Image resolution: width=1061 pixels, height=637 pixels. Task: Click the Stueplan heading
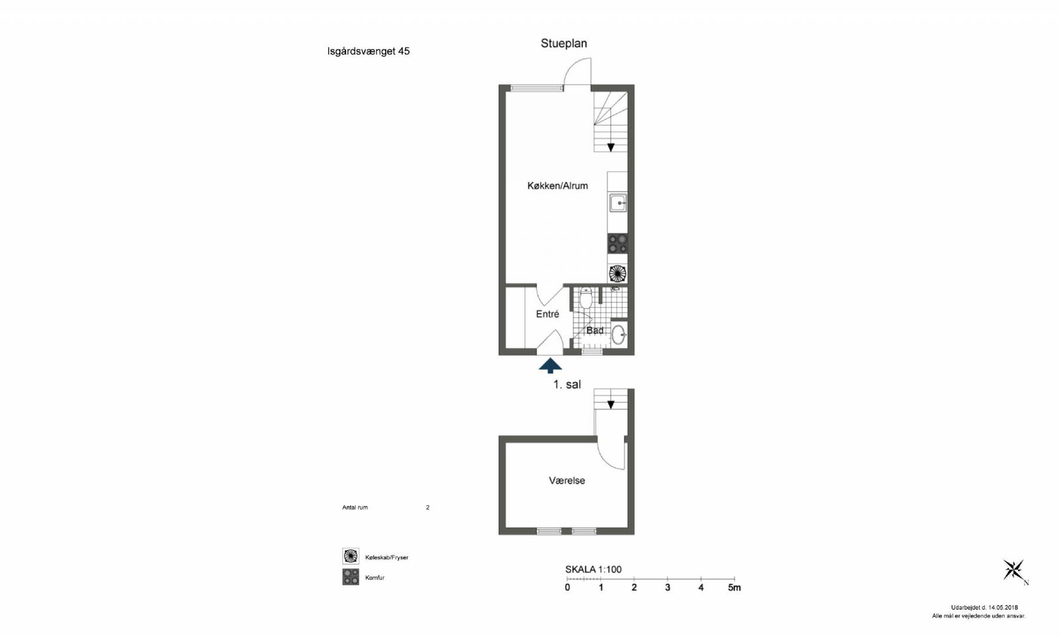[564, 44]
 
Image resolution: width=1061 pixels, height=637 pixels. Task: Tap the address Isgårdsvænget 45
[369, 51]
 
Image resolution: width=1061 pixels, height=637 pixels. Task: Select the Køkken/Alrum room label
[558, 186]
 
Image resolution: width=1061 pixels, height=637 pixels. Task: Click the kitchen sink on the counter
[617, 203]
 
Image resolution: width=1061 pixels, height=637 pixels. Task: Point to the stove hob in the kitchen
[617, 244]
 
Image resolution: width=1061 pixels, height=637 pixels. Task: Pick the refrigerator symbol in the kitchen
[617, 273]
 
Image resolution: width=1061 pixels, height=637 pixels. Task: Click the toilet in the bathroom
[586, 297]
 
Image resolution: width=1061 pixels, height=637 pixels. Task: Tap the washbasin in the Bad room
[619, 334]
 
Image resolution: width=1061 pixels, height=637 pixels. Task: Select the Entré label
[548, 314]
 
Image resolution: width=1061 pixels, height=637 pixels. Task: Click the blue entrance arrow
[550, 366]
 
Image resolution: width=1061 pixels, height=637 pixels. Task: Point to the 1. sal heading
[567, 384]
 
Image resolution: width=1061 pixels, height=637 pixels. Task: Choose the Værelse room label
[567, 480]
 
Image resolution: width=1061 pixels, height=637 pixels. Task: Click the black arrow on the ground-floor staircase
[611, 147]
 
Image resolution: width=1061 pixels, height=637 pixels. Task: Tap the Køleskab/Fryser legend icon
[351, 556]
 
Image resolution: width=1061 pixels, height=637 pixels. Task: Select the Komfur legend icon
[351, 577]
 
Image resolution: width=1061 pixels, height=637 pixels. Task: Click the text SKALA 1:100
[593, 570]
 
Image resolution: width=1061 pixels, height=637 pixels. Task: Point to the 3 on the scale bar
[668, 588]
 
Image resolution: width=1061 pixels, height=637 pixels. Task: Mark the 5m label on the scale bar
[734, 588]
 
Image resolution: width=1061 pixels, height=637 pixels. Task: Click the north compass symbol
[1014, 571]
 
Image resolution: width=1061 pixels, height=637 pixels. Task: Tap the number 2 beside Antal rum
[428, 508]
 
